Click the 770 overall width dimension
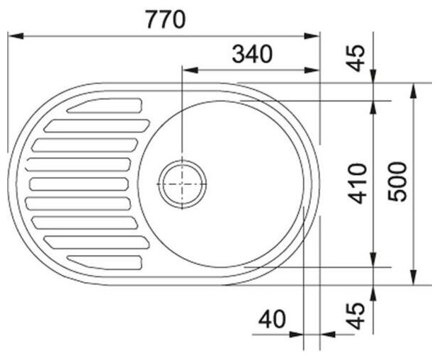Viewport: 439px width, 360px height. tap(166, 19)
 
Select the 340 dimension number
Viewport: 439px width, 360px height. tap(252, 54)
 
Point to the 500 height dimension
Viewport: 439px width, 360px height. tap(397, 181)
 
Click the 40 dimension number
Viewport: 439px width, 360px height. tap(272, 319)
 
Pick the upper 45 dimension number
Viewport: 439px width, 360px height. tap(356, 59)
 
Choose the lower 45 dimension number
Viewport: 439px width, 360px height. tap(356, 316)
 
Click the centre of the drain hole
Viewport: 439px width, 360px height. tap(182, 184)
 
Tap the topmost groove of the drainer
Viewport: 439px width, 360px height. tap(104, 106)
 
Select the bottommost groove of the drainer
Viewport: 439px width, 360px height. tap(104, 262)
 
